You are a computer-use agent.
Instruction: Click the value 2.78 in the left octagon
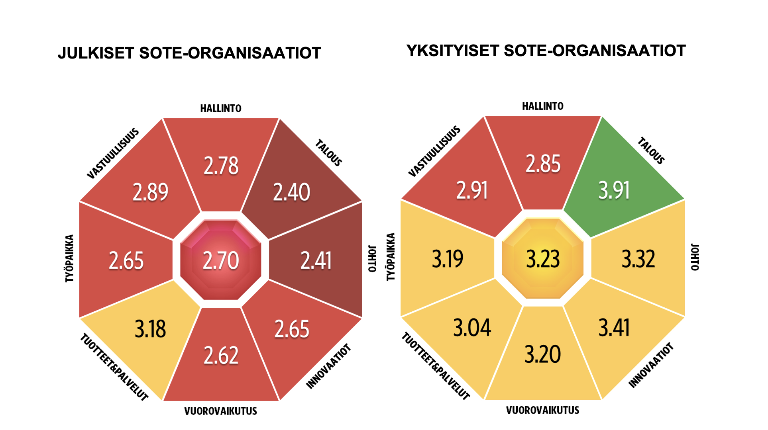(221, 166)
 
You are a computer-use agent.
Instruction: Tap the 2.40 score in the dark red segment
(291, 192)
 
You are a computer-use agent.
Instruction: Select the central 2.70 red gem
(221, 260)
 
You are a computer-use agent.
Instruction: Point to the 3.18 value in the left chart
(150, 329)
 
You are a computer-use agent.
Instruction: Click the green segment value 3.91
(614, 190)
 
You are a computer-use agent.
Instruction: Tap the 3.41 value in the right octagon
(614, 328)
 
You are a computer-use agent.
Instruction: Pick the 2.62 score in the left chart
(221, 355)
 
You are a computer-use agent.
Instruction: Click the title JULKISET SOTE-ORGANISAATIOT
(189, 53)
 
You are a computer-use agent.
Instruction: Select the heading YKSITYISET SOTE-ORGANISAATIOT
(546, 51)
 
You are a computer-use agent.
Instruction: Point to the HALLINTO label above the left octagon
(221, 108)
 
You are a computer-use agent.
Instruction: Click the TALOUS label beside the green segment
(651, 151)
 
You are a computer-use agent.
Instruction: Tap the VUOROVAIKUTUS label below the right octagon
(542, 410)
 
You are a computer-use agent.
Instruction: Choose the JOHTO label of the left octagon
(372, 259)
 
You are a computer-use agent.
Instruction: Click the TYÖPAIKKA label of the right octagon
(391, 257)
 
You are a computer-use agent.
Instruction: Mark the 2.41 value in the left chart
(316, 261)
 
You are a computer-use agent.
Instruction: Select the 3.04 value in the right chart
(472, 328)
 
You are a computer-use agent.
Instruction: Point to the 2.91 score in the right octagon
(472, 190)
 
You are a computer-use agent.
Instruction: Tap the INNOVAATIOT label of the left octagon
(329, 366)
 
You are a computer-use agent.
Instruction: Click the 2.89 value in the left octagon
(150, 192)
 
